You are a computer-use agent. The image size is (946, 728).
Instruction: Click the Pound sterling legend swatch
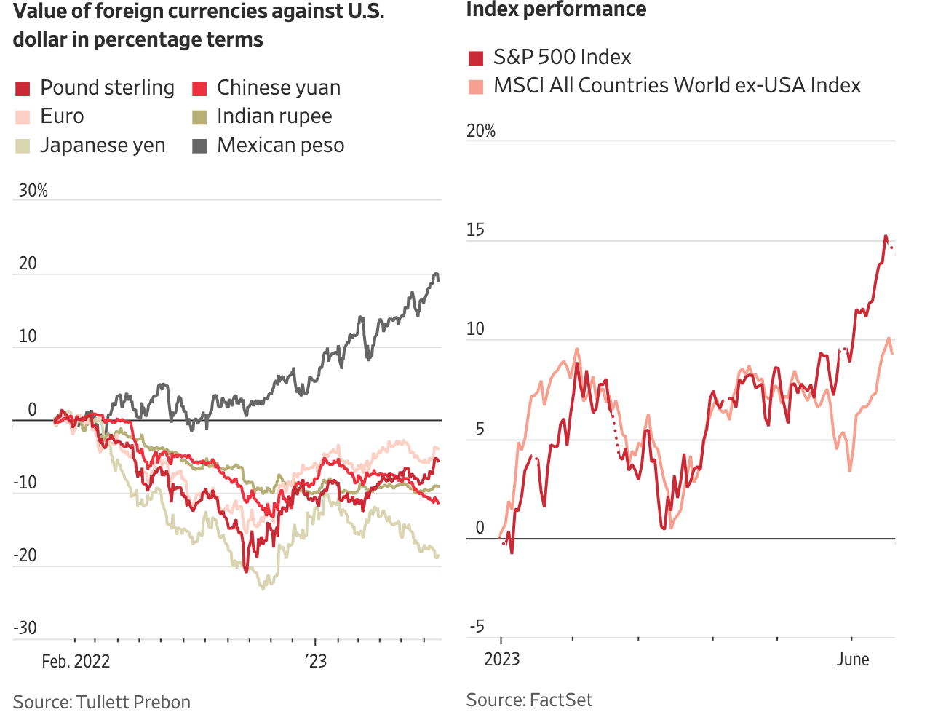[23, 89]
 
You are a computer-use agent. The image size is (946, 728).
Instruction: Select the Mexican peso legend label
[280, 146]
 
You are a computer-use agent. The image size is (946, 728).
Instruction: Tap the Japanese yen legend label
[103, 146]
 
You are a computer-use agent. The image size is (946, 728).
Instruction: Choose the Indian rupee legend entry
[274, 116]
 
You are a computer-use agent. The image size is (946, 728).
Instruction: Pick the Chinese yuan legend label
[278, 88]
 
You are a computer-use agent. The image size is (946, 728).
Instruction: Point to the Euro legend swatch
[23, 117]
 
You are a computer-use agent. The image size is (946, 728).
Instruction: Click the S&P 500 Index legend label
[562, 57]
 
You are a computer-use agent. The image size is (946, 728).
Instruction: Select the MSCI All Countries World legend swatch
[476, 87]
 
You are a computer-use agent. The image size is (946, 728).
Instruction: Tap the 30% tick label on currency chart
[33, 191]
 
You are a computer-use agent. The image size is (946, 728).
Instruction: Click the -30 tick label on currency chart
[25, 628]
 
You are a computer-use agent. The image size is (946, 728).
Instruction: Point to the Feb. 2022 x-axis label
[76, 661]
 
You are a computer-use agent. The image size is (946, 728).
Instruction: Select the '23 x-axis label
[316, 661]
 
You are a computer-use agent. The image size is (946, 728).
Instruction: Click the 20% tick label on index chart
[481, 131]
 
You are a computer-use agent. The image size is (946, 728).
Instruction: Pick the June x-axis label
[853, 660]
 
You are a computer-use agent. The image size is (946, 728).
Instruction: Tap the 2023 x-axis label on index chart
[502, 660]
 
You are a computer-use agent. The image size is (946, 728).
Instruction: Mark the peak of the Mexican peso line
[436, 274]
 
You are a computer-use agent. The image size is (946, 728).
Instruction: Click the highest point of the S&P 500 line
[886, 236]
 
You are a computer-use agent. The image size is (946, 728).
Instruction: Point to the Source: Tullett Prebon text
[102, 702]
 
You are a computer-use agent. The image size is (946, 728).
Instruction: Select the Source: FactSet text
[529, 700]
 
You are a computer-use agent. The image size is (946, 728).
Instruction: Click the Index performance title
[556, 10]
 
